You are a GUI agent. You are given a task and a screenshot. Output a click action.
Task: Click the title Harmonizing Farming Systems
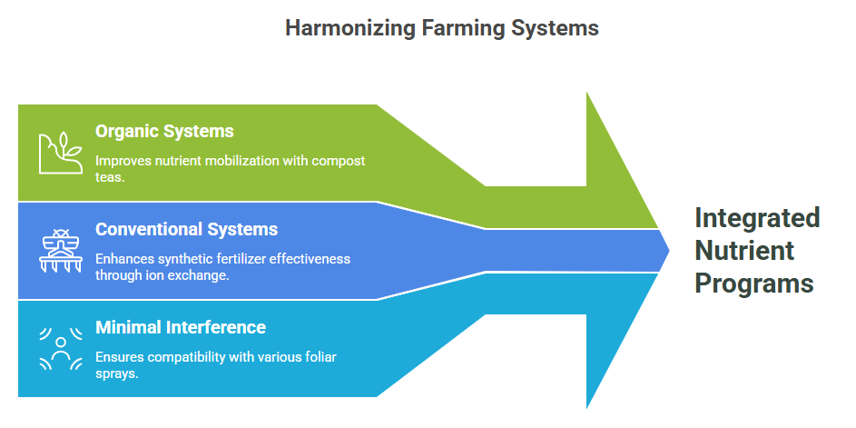tap(442, 28)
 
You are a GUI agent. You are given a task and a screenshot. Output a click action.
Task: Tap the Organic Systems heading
tap(164, 132)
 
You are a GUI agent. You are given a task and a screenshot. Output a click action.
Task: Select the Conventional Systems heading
tap(187, 229)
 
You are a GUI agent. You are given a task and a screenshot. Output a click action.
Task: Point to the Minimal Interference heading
tap(181, 327)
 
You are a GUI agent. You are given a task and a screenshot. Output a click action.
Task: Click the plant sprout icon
tap(60, 153)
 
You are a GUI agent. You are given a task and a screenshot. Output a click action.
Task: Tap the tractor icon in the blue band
tap(60, 250)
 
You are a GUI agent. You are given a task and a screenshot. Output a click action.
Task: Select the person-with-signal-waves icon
tap(61, 348)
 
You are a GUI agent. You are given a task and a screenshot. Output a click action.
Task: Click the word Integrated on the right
tap(757, 219)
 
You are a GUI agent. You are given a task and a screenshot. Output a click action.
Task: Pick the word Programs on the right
tap(754, 284)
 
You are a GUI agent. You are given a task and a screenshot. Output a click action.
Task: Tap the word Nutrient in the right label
tap(744, 251)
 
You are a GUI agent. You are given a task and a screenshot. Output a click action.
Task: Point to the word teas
tap(110, 177)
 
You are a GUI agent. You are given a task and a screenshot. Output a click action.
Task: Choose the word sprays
tap(116, 374)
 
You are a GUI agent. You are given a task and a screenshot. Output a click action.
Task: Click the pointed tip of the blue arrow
tap(669, 251)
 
